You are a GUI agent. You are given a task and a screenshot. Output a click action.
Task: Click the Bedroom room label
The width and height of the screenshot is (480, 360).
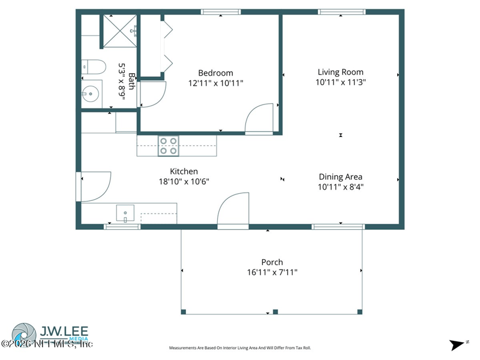pyautogui.click(x=215, y=73)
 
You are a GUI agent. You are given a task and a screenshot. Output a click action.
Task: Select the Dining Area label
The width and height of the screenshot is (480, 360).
pyautogui.click(x=340, y=176)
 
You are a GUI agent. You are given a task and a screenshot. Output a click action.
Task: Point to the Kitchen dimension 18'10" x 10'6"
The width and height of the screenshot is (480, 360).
pyautogui.click(x=184, y=181)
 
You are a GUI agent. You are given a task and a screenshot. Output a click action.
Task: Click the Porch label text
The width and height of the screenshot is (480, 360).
pyautogui.click(x=272, y=262)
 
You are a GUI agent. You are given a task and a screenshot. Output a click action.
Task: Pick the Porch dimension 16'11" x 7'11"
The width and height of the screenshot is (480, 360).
pyautogui.click(x=272, y=272)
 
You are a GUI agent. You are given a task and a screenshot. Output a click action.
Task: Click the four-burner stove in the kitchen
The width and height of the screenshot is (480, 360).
pyautogui.click(x=168, y=146)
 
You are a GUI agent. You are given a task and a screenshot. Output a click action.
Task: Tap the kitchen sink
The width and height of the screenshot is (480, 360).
pyautogui.click(x=125, y=213)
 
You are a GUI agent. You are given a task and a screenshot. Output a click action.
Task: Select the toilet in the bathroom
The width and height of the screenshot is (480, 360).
pyautogui.click(x=94, y=66)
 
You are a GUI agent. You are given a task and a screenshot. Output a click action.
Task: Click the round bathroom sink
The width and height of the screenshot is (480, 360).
pyautogui.click(x=91, y=94)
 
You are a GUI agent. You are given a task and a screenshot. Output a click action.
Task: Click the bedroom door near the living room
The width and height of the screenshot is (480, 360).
pyautogui.click(x=260, y=119)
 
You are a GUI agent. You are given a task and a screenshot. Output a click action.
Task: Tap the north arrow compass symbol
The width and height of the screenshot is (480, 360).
pyautogui.click(x=458, y=344)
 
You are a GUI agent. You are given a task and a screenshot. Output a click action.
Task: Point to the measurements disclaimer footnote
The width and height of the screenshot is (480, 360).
pyautogui.click(x=240, y=348)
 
